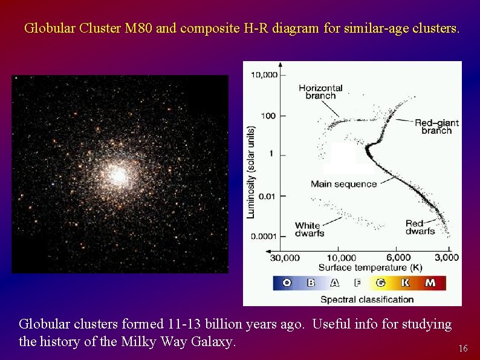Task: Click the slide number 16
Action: tap(463, 349)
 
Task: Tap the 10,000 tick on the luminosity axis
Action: tap(264, 75)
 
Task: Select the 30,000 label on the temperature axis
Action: tap(284, 258)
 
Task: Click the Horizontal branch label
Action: tap(320, 92)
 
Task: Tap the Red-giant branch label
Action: tap(436, 126)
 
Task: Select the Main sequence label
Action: tap(343, 184)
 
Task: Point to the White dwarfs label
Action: tap(310, 229)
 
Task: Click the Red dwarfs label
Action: tap(420, 227)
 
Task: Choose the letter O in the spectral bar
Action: tap(287, 283)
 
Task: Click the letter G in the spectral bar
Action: tap(381, 283)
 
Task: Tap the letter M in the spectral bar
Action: tap(430, 283)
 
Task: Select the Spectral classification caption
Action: tap(367, 299)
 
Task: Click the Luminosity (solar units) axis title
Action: tap(251, 172)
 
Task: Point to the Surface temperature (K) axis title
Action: tap(370, 267)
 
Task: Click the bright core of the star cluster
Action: tap(119, 175)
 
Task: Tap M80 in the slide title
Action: tap(139, 28)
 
